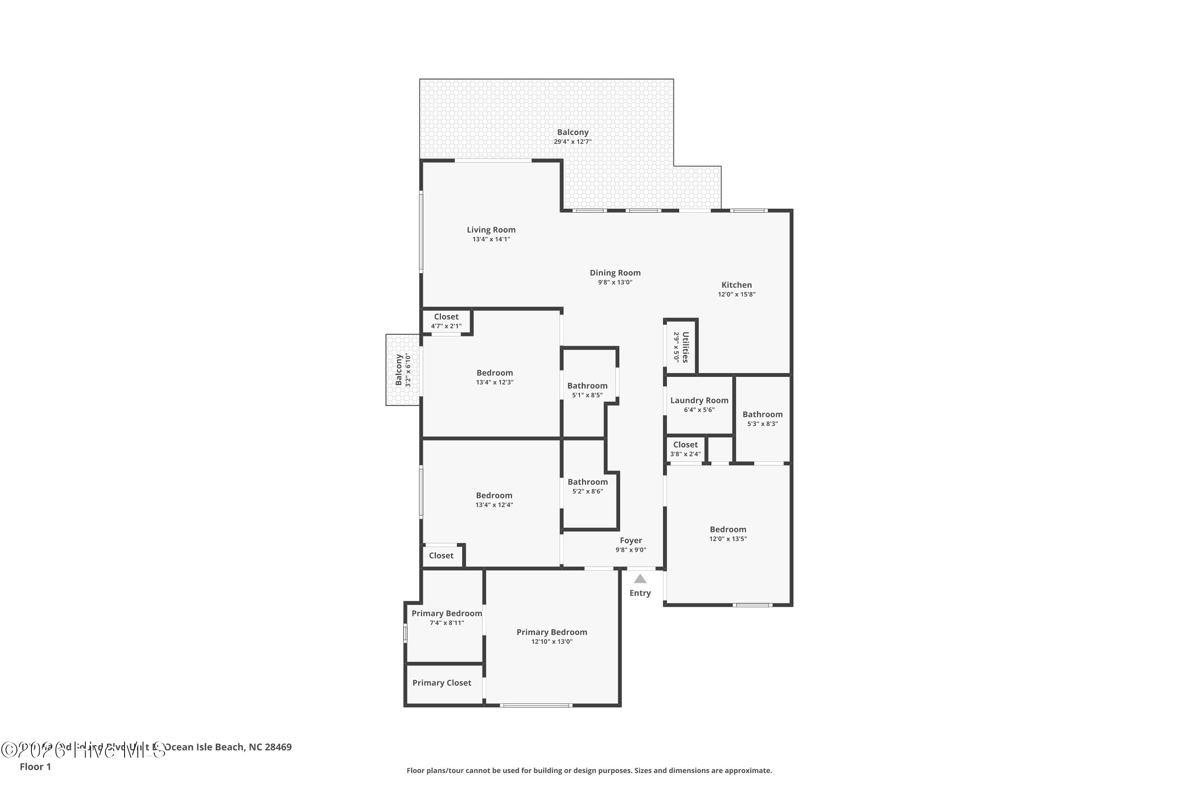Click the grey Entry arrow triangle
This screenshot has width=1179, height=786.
pos(640,579)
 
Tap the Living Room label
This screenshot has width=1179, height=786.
pos(491,230)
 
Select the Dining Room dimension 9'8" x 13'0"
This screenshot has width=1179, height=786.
pos(615,282)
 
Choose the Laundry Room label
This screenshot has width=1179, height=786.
pos(699,400)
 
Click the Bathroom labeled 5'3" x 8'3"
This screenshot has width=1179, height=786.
pos(762,415)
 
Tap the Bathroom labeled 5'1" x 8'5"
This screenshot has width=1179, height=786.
pos(587,386)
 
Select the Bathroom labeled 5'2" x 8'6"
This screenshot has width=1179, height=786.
pos(587,482)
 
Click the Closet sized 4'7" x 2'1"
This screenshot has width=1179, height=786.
pos(446,317)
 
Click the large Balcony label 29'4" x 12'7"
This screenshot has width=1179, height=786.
pos(573,132)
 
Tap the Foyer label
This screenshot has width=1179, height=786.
pos(631,540)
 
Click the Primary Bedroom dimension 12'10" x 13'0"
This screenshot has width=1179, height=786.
pos(551,642)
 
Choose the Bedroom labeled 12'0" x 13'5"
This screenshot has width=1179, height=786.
pos(727,529)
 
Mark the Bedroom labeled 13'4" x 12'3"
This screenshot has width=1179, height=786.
pos(494,373)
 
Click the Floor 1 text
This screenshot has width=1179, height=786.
pos(35,766)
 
